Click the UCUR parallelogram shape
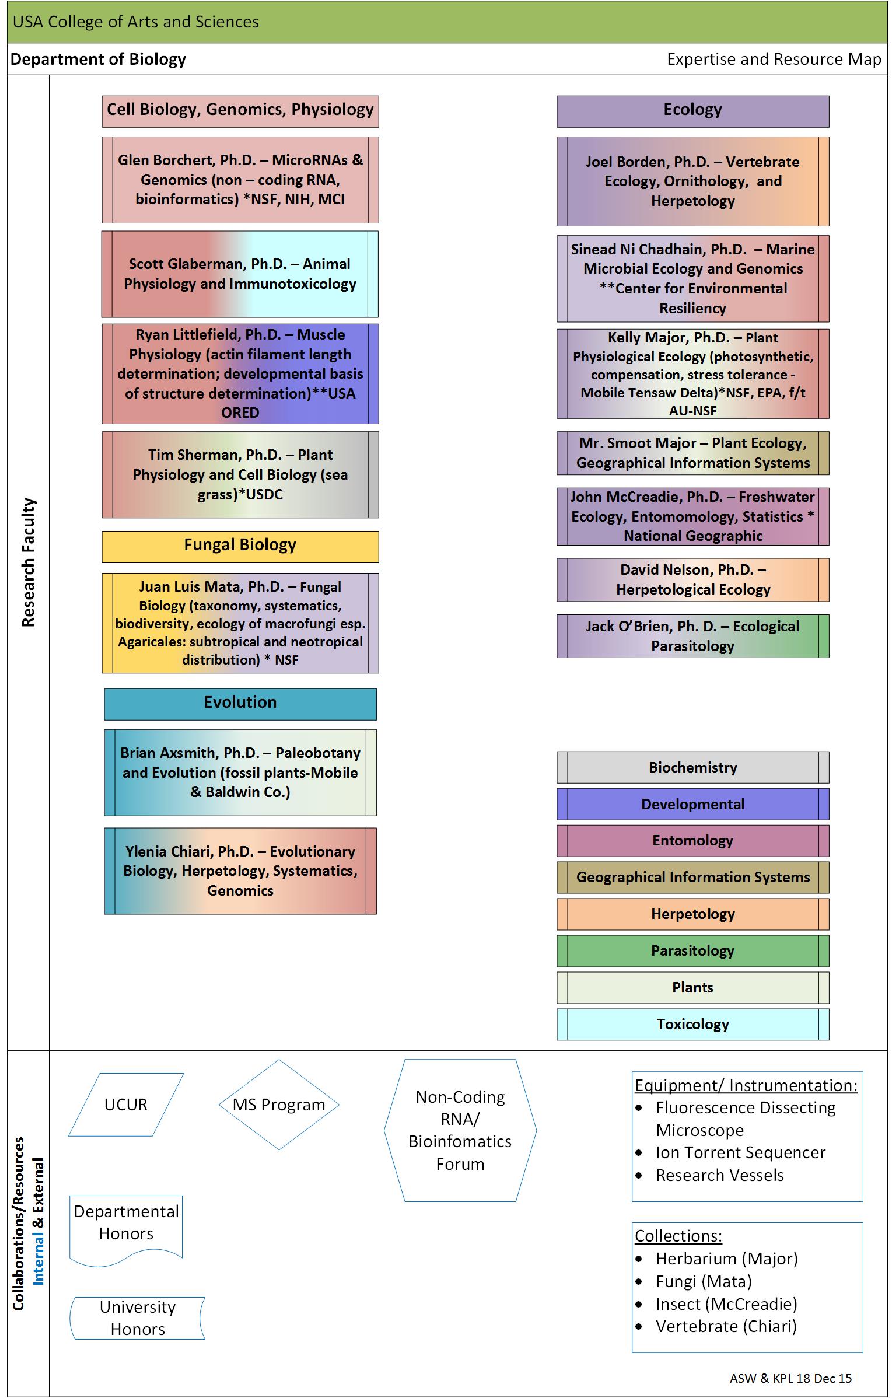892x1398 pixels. (126, 1105)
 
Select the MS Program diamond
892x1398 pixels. (279, 1105)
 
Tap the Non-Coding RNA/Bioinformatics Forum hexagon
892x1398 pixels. (460, 1130)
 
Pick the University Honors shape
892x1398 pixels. (138, 1318)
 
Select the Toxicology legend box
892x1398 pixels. (692, 1024)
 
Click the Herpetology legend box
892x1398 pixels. (692, 914)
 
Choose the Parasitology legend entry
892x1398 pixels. (692, 950)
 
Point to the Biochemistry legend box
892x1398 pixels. (692, 767)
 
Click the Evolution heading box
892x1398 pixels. (240, 704)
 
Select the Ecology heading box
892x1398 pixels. (692, 111)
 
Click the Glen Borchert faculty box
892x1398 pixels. (240, 180)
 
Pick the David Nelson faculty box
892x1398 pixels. (692, 580)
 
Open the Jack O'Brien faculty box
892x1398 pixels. (692, 636)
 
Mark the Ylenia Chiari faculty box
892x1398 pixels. (240, 871)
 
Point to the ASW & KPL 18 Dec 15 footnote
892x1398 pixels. (790, 1378)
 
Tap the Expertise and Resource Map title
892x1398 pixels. (774, 59)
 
